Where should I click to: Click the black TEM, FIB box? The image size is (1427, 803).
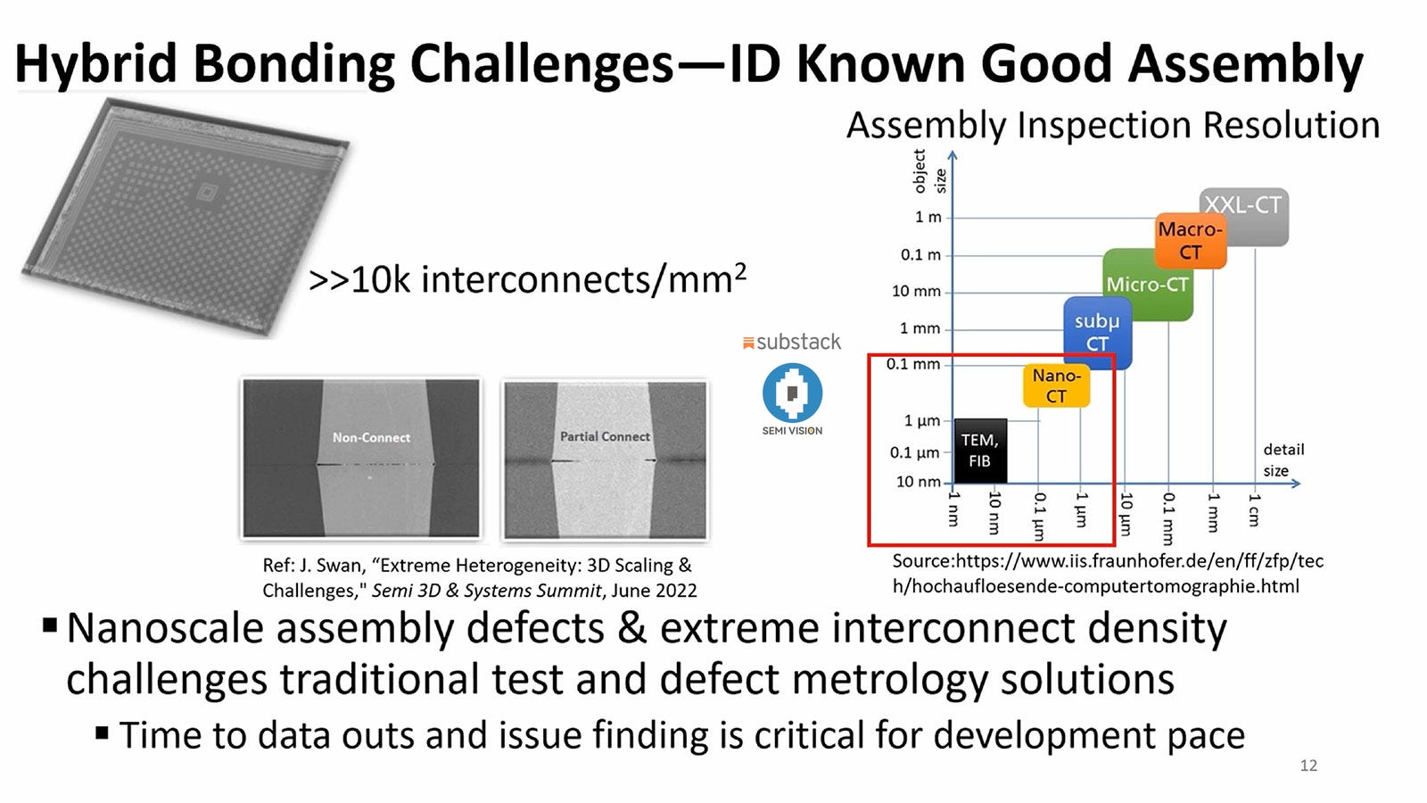[979, 451]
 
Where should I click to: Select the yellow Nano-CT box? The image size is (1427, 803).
[1056, 385]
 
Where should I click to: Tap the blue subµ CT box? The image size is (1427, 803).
[1097, 332]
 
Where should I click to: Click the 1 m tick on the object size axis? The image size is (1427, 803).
[928, 217]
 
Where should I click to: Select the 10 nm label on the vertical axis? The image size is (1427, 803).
[918, 482]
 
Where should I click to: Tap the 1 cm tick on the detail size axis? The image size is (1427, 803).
[1254, 509]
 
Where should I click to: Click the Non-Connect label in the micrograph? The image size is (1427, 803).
[371, 437]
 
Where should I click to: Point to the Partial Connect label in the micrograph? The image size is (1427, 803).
[605, 436]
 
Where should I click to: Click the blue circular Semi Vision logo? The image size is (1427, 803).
[792, 393]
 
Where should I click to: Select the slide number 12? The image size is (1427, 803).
[1308, 766]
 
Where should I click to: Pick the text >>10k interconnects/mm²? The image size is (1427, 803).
[526, 279]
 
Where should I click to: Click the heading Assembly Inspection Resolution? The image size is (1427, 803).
[1112, 125]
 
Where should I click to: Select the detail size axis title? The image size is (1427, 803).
[1283, 459]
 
